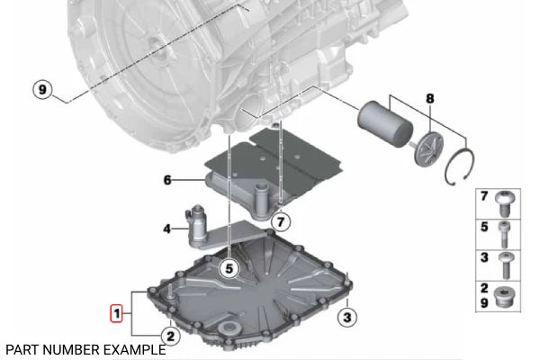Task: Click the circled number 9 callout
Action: [41, 89]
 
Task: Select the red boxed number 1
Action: [115, 313]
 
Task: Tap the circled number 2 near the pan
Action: [170, 337]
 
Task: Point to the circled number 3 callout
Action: [348, 316]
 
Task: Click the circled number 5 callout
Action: [229, 267]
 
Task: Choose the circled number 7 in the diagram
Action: [281, 220]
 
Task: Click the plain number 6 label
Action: [167, 180]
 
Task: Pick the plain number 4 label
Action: [167, 229]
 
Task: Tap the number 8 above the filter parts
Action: [429, 98]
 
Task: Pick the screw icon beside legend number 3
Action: [508, 263]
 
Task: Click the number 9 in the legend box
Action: [484, 304]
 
